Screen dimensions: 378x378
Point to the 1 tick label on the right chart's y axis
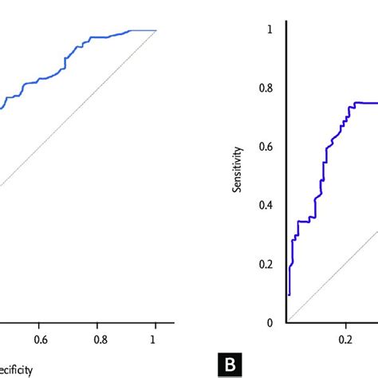pyautogui.click(x=269, y=30)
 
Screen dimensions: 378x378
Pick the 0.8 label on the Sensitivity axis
pyautogui.click(x=265, y=89)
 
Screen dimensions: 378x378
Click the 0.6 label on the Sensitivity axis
pyautogui.click(x=265, y=147)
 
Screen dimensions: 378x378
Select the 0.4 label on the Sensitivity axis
pyautogui.click(x=265, y=206)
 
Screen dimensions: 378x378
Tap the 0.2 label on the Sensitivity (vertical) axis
pyautogui.click(x=265, y=264)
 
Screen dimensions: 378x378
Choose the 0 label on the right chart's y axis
pyautogui.click(x=269, y=322)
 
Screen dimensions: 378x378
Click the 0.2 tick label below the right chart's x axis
pyautogui.click(x=345, y=337)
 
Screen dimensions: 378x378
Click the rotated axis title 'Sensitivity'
pyautogui.click(x=236, y=176)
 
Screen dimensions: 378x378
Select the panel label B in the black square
pyautogui.click(x=228, y=367)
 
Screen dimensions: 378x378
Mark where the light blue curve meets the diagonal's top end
pyautogui.click(x=156, y=30)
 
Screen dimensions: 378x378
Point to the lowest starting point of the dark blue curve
pyautogui.click(x=289, y=294)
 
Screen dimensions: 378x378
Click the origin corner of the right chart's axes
pyautogui.click(x=286, y=323)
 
